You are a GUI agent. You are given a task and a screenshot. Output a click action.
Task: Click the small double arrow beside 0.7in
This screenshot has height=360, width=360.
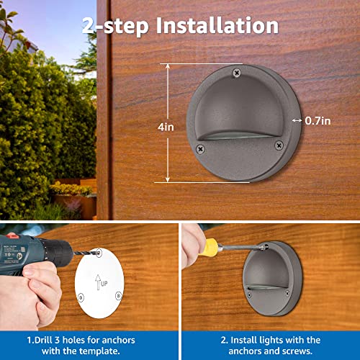pyautogui.click(x=297, y=121)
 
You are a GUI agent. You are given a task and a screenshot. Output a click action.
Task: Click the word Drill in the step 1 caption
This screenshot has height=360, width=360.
pyautogui.click(x=49, y=339)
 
